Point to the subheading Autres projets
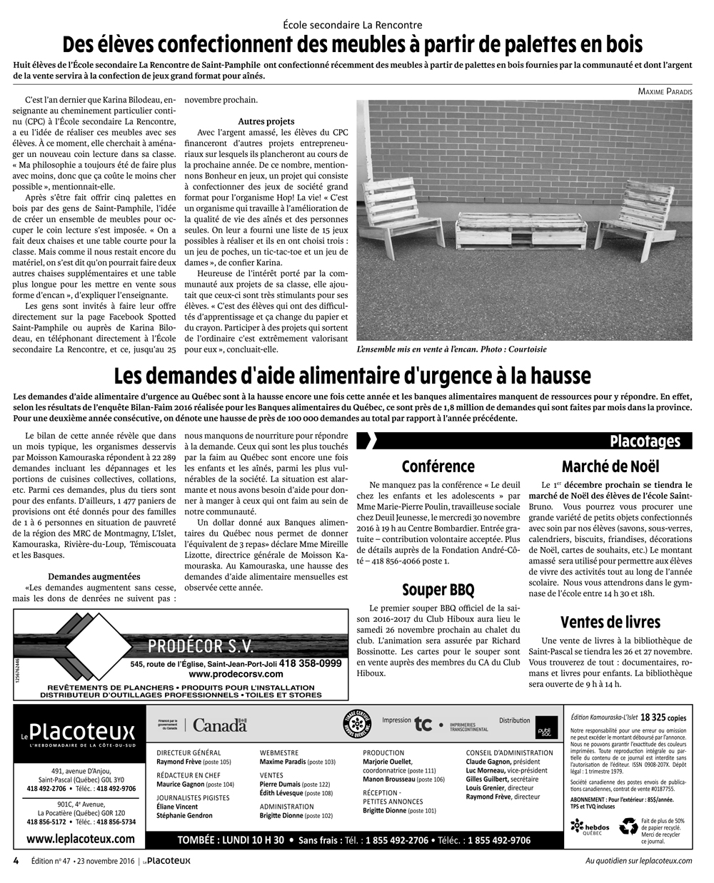(x=266, y=121)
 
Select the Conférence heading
(x=438, y=466)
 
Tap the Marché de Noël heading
(x=610, y=466)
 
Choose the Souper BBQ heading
(x=438, y=589)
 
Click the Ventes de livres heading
(x=610, y=621)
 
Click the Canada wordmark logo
(x=219, y=725)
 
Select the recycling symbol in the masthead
(x=628, y=827)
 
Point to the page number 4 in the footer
(x=16, y=860)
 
